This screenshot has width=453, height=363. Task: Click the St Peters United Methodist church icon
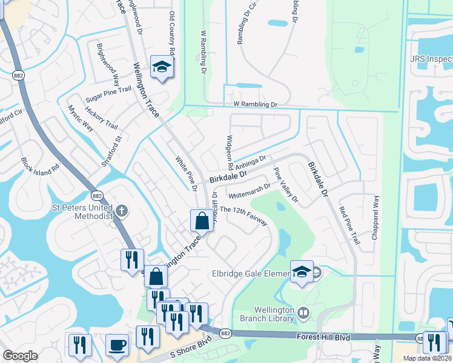(x=122, y=211)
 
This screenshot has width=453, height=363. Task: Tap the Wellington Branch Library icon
(x=305, y=313)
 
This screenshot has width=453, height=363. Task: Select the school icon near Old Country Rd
(x=162, y=67)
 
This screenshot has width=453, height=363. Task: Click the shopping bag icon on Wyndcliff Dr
(x=201, y=221)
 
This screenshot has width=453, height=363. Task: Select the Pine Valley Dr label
(x=286, y=185)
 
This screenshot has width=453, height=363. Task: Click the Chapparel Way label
(x=376, y=218)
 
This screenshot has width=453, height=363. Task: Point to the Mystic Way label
(x=80, y=118)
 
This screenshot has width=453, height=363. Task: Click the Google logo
(x=20, y=356)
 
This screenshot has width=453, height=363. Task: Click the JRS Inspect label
(x=431, y=59)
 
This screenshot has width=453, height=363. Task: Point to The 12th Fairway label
(x=243, y=216)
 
